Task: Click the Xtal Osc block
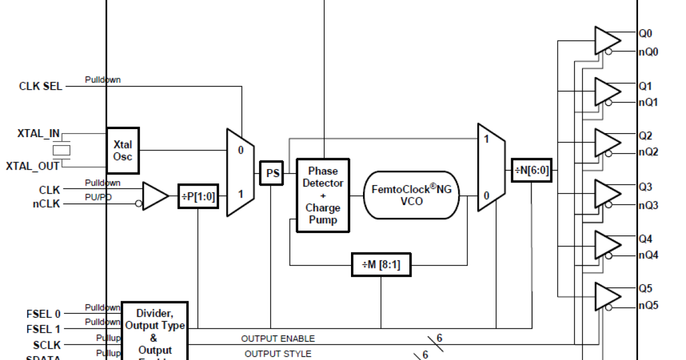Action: [x=123, y=150]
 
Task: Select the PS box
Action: [x=273, y=173]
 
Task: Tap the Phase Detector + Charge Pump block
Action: [x=323, y=195]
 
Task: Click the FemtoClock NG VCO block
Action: [x=412, y=195]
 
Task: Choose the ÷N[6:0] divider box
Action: [x=532, y=170]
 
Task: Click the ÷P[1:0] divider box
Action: [x=198, y=196]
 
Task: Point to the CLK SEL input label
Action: [x=41, y=87]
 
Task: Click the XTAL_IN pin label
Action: [x=39, y=134]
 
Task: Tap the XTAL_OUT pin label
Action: [x=33, y=166]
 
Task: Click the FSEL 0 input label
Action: [x=43, y=314]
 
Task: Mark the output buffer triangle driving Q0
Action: [x=606, y=39]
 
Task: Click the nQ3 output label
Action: [x=648, y=205]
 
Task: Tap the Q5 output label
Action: [x=645, y=289]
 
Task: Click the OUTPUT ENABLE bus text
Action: [x=278, y=339]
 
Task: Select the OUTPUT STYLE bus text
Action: [x=278, y=354]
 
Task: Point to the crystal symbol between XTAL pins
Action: [x=62, y=150]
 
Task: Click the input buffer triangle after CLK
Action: [x=154, y=196]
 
